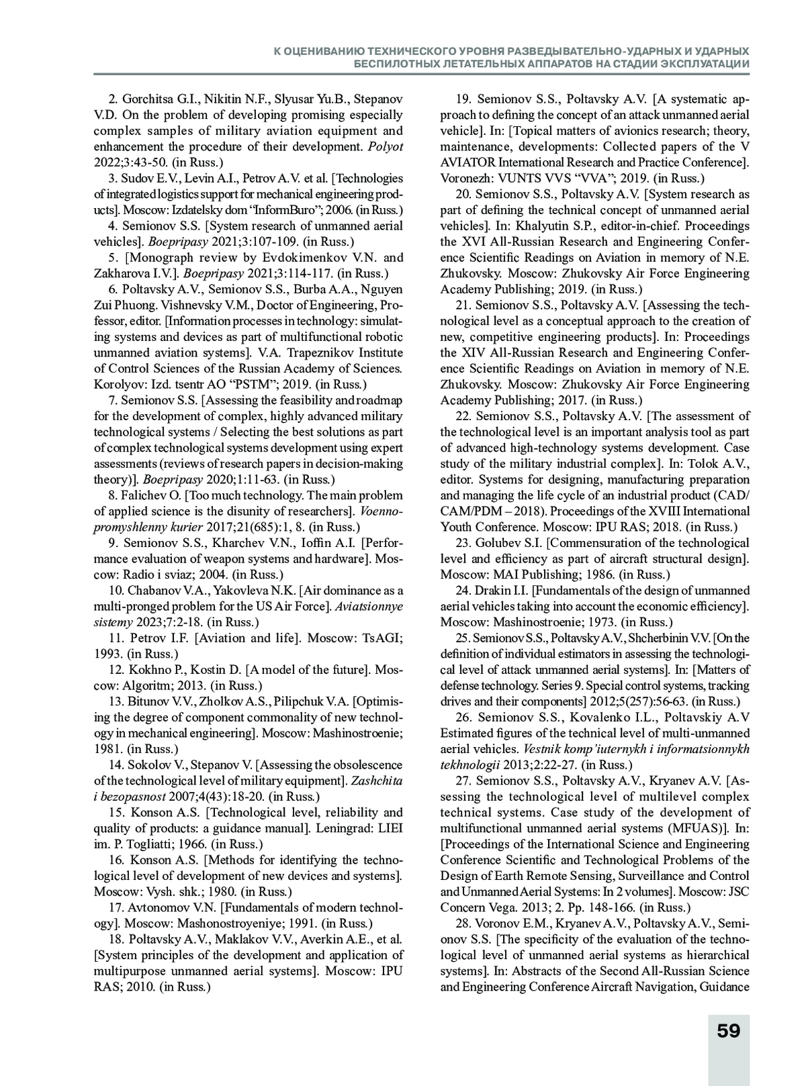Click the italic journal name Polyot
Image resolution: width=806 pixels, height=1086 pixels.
[388, 147]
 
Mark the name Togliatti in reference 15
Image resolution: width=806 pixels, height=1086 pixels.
[148, 844]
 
